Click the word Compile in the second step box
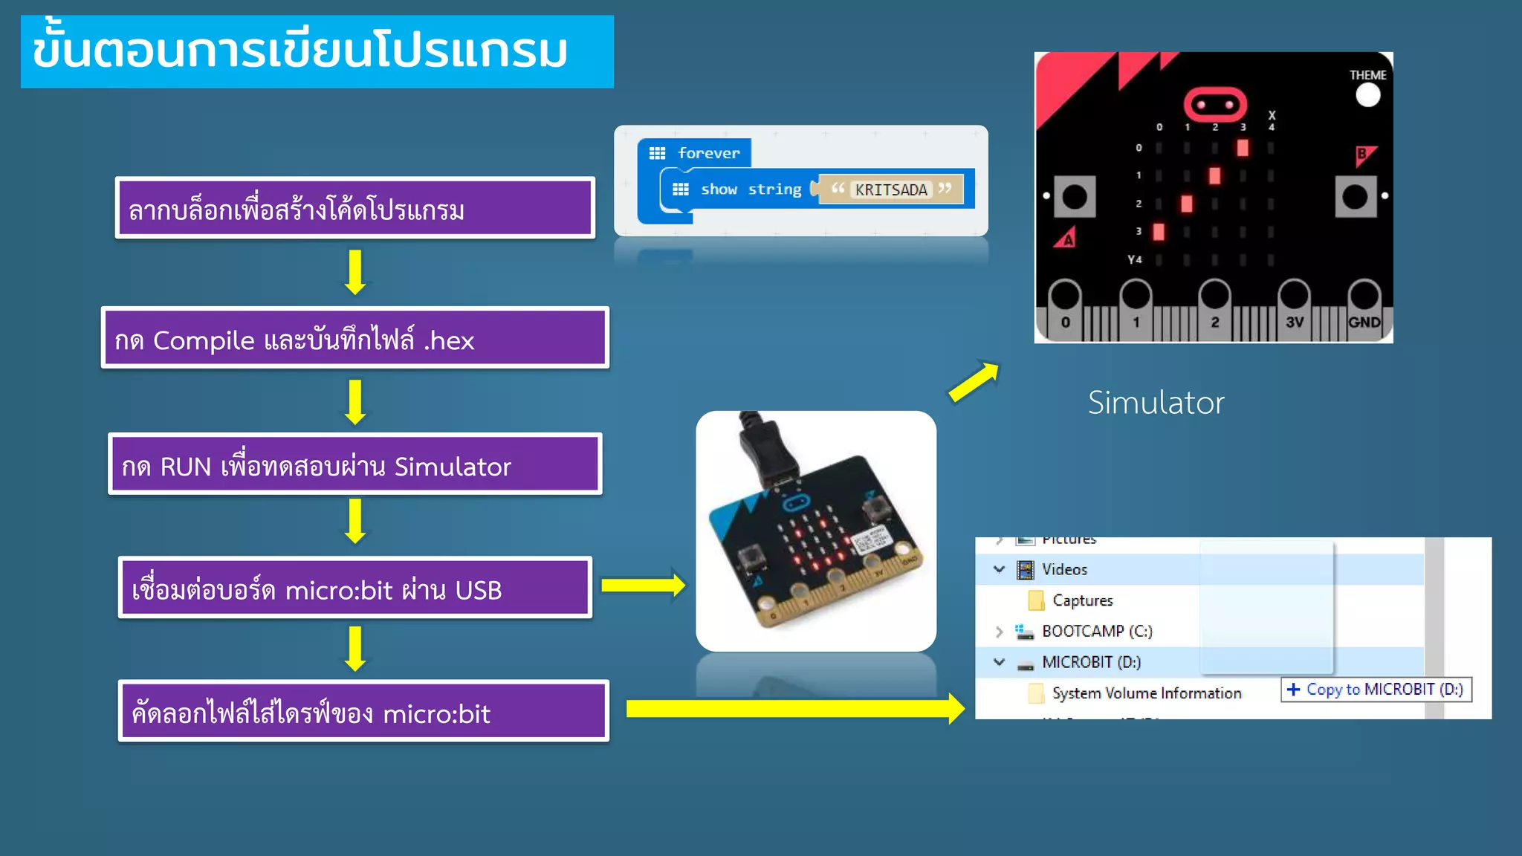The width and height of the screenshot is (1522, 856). click(203, 341)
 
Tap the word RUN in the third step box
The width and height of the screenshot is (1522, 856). click(186, 467)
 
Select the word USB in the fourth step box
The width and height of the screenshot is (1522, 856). click(478, 591)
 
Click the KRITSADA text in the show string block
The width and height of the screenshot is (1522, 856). click(890, 190)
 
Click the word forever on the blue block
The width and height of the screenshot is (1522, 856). click(708, 154)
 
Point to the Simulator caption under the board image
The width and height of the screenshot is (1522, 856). click(1156, 403)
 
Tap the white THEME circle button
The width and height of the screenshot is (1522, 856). click(1367, 96)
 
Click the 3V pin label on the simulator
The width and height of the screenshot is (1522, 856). click(1294, 322)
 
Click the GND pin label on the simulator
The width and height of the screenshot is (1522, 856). click(1364, 322)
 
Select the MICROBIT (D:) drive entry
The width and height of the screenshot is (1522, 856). click(1090, 662)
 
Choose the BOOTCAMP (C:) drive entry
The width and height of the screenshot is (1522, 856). click(1096, 632)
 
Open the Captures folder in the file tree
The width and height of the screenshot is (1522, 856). click(1082, 600)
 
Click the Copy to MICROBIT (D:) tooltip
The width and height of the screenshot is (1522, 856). click(1376, 690)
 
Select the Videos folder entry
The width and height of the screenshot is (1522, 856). click(1063, 570)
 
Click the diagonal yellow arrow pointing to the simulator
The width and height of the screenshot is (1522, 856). click(974, 382)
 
